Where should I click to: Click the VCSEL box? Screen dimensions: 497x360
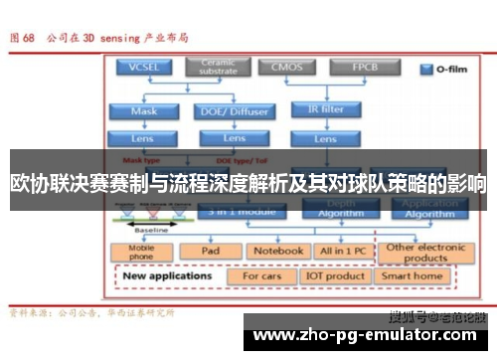pyautogui.click(x=144, y=69)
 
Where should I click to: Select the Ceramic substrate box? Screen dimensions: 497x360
pyautogui.click(x=219, y=69)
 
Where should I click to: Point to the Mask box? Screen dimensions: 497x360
pyautogui.click(x=144, y=110)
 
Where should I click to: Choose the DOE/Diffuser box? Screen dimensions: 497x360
pyautogui.click(x=234, y=110)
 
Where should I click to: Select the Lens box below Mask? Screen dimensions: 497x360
pyautogui.click(x=144, y=138)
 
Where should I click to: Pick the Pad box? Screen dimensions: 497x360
pyautogui.click(x=210, y=252)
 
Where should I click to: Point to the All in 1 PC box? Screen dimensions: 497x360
pyautogui.click(x=342, y=252)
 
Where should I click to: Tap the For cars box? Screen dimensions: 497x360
pyautogui.click(x=262, y=275)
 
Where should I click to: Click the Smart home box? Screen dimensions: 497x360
pyautogui.click(x=414, y=275)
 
